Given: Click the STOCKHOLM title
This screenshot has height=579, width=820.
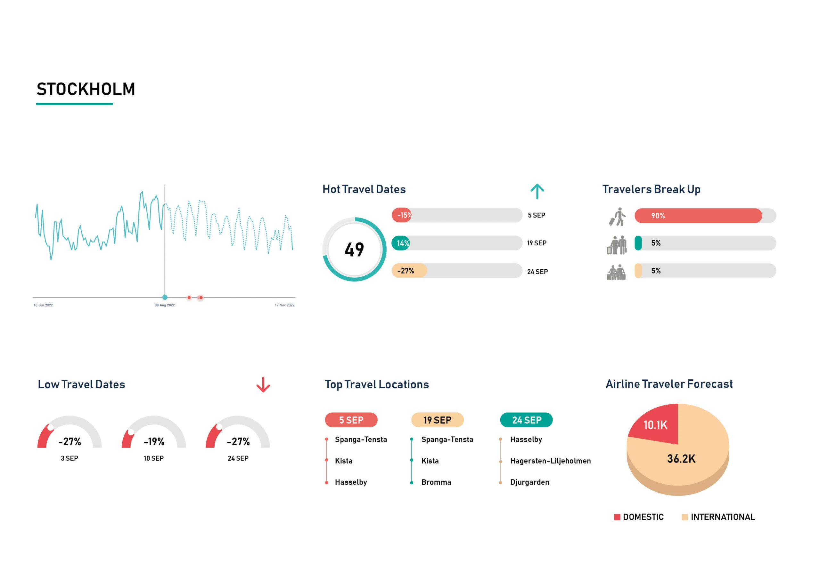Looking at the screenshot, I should [x=86, y=89].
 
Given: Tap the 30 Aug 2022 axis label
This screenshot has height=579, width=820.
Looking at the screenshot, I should [x=164, y=305].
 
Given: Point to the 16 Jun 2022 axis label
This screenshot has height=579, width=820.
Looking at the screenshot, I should [x=43, y=305].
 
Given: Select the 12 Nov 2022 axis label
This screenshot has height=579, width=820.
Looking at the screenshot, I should [x=284, y=305].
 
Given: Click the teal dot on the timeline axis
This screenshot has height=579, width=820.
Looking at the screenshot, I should [x=165, y=297].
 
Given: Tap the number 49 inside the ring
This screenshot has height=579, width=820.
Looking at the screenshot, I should [x=354, y=250].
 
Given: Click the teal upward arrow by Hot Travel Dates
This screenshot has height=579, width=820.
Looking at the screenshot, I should [x=537, y=191].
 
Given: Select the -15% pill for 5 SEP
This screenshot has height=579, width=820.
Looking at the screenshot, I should [x=403, y=215].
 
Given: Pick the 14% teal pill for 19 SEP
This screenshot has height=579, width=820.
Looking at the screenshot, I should [x=401, y=243].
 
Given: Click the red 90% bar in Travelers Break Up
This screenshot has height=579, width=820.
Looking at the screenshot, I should [x=698, y=216].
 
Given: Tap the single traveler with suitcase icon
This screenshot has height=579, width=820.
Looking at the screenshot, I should [x=618, y=217].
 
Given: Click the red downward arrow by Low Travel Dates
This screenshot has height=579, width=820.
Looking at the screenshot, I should [x=263, y=385].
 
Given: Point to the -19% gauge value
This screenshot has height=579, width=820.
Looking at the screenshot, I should [x=154, y=442].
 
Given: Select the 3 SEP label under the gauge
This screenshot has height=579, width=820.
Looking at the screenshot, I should [x=69, y=458].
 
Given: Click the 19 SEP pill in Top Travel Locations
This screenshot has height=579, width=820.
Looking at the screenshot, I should [x=437, y=420].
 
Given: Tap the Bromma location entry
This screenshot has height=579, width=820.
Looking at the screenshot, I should [x=436, y=482].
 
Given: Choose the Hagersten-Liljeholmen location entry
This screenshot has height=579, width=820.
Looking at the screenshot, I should [x=550, y=461].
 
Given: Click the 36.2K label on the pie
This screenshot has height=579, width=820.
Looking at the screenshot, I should [x=681, y=458].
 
